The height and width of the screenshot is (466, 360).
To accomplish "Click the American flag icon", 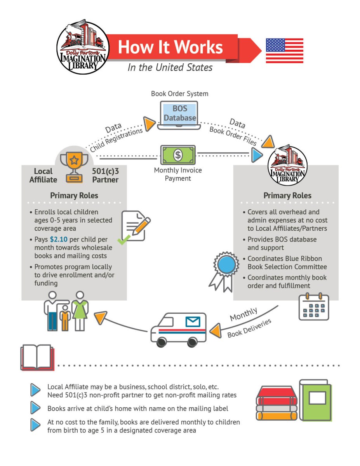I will pos(284,50).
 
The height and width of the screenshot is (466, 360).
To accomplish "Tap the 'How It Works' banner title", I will pos(170,47).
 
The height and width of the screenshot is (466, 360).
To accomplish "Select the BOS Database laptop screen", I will pos(179,113).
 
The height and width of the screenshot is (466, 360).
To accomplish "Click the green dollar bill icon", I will pos(177,155).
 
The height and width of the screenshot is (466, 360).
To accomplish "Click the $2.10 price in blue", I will pos(58,240).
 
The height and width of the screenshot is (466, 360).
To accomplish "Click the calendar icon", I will pos(314,306).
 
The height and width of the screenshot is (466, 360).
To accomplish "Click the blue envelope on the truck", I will pos(193,321).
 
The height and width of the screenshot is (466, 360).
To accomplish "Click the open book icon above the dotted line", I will pos(37,357).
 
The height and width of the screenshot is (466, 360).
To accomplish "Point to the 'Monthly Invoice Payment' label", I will pos(178,174).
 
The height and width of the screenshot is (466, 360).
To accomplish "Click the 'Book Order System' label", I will pos(179,94).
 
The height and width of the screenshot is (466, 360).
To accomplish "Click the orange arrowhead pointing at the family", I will pos(101,318).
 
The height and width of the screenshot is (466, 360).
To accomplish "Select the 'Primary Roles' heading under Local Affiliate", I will pos(74,195).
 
